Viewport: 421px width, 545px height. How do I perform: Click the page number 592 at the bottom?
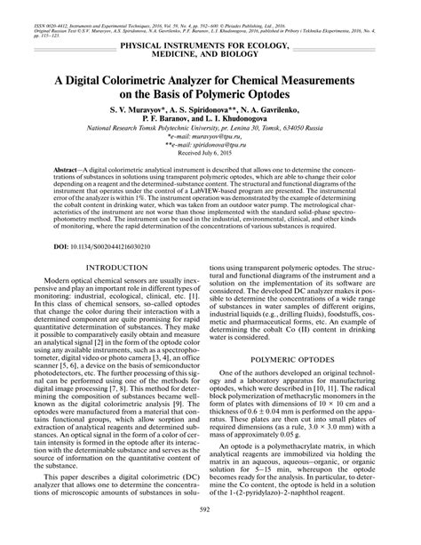210,533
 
